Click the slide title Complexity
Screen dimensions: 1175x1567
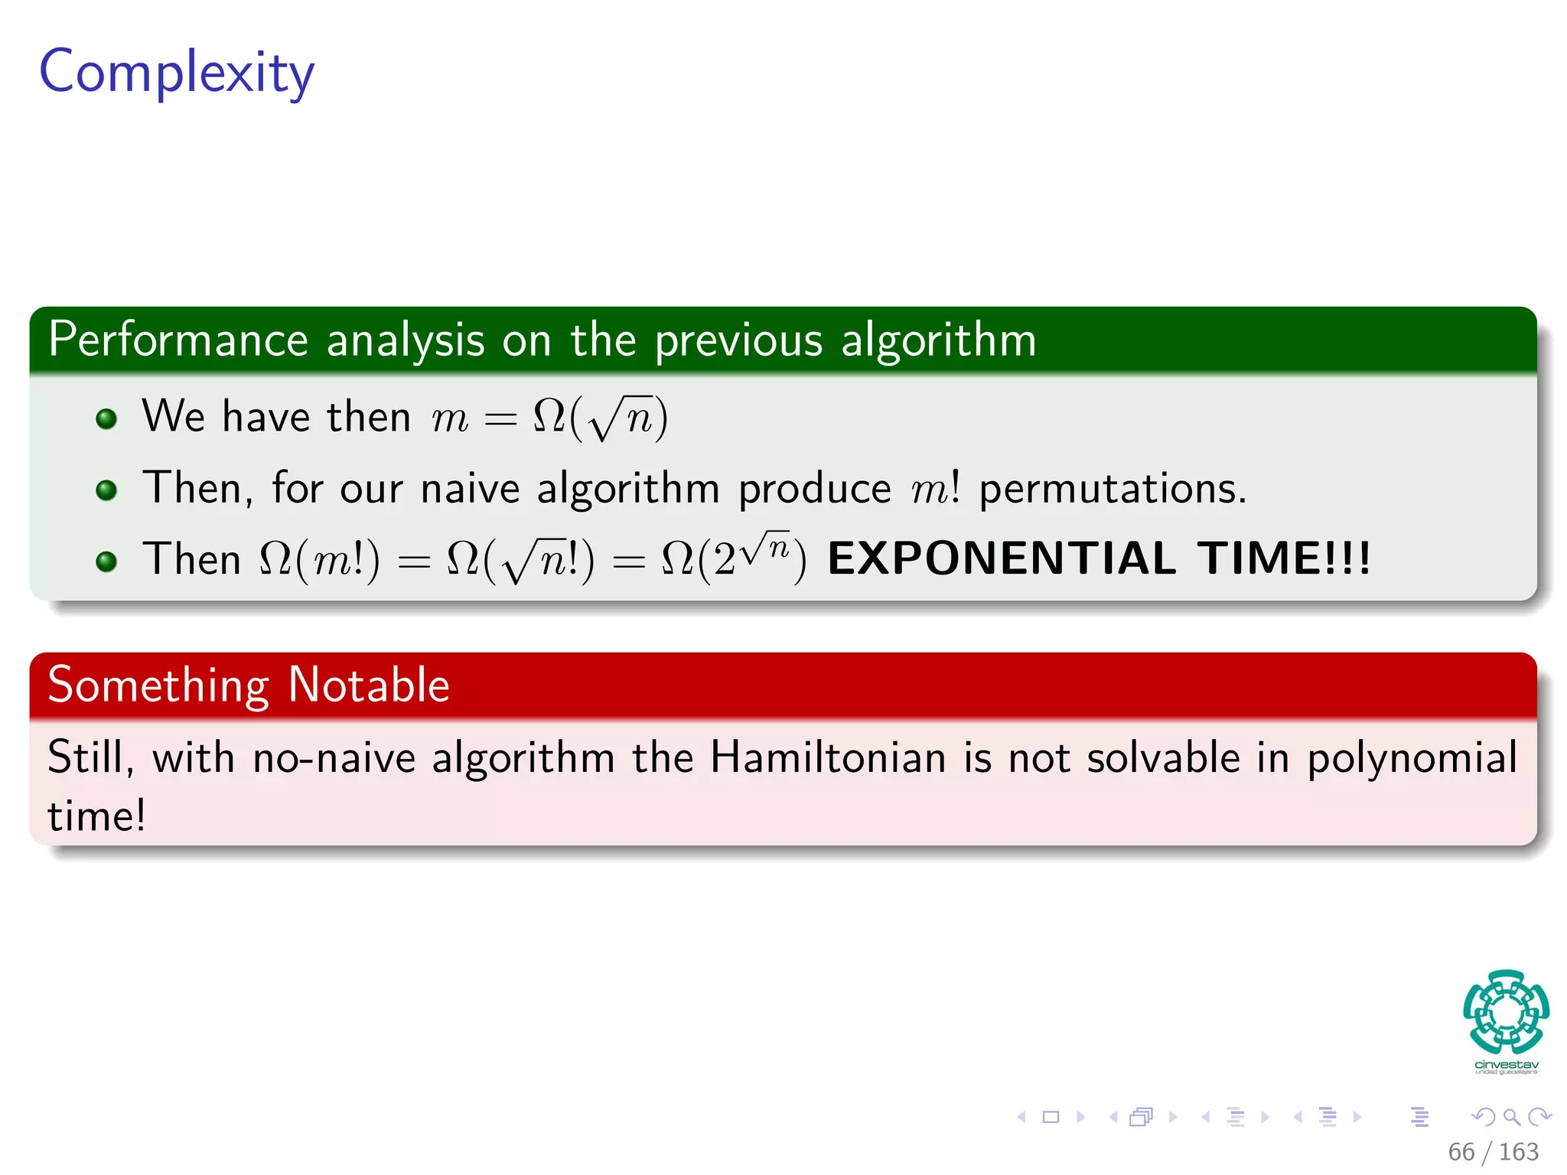point(177,73)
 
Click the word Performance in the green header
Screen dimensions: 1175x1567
point(178,340)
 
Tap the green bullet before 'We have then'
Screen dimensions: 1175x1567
point(106,418)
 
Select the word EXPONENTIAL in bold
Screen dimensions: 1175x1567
point(1002,558)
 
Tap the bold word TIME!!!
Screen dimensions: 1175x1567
point(1284,558)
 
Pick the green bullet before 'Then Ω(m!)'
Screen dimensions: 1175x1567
point(106,561)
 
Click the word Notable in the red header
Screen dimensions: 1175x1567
point(369,685)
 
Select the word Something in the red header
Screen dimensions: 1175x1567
point(158,685)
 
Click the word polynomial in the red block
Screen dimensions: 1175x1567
point(1412,759)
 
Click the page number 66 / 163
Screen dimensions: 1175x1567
point(1493,1151)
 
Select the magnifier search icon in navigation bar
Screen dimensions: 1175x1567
point(1511,1117)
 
